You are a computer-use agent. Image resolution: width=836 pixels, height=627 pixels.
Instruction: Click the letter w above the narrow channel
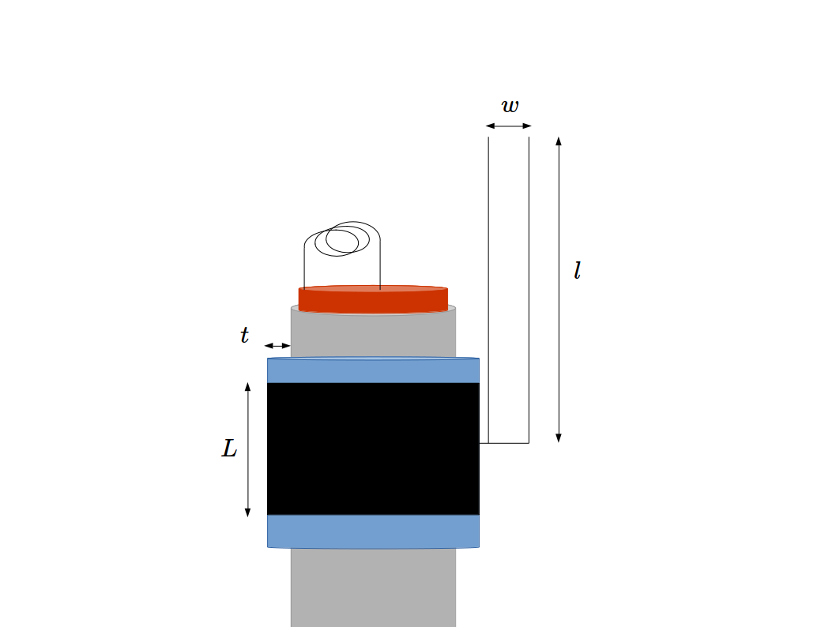(x=510, y=106)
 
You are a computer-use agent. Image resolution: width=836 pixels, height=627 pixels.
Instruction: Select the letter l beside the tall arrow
(x=577, y=272)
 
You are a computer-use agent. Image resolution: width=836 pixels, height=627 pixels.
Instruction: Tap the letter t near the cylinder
(x=244, y=336)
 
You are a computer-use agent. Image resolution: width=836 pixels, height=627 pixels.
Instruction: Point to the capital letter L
(x=229, y=449)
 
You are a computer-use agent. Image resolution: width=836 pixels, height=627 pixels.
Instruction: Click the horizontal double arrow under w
(x=508, y=126)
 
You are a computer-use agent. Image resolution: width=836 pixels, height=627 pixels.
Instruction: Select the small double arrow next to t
(x=277, y=346)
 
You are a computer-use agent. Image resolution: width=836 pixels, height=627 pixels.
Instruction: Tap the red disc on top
(x=373, y=299)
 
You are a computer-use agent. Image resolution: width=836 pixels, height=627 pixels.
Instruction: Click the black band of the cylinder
(x=373, y=449)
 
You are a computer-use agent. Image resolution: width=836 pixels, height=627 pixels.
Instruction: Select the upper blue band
(x=373, y=370)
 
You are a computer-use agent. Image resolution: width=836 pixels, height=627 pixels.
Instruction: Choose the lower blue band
(x=373, y=531)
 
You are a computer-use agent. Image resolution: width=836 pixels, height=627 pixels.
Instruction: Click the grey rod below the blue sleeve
(x=373, y=588)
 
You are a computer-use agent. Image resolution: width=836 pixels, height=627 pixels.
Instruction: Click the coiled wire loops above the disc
(x=344, y=239)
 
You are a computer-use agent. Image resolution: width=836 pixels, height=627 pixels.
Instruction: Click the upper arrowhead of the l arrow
(x=559, y=141)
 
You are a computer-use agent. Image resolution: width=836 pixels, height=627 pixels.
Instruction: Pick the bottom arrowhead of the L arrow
(x=247, y=512)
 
